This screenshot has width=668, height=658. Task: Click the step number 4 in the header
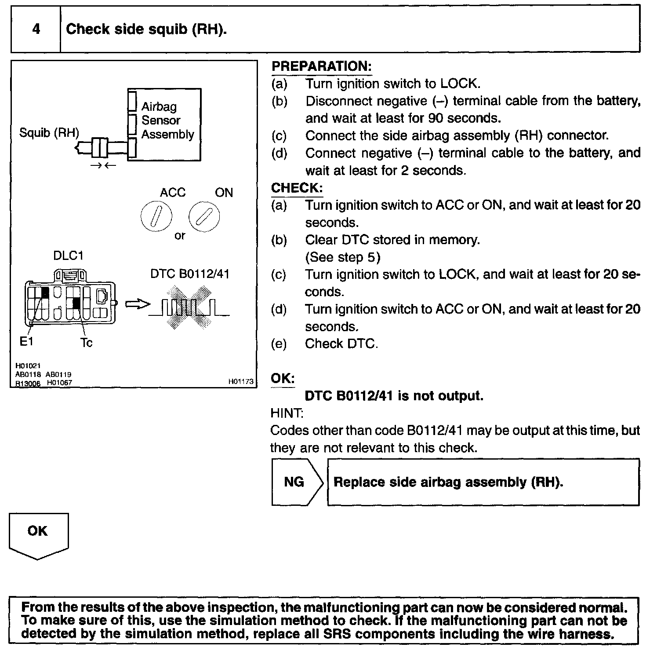[x=36, y=29]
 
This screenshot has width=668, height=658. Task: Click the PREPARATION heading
[x=321, y=66]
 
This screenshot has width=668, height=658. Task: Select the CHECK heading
[x=297, y=188]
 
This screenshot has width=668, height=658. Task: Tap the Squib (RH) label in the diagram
[x=49, y=132]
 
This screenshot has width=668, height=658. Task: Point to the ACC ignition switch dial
[x=156, y=217]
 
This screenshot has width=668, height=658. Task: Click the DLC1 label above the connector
[x=68, y=256]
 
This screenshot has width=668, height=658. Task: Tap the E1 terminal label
[x=26, y=341]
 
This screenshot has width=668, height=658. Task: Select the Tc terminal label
[x=86, y=343]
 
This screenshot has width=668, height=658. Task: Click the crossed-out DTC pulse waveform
[x=188, y=307]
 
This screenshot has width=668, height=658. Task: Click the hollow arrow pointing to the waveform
[x=137, y=304]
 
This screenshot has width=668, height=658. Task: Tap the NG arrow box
[x=297, y=482]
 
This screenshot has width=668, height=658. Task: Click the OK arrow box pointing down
[x=38, y=534]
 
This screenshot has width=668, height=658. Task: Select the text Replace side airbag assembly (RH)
[x=448, y=482]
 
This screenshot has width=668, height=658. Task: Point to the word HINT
[x=286, y=413]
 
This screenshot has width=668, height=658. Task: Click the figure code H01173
[x=241, y=381]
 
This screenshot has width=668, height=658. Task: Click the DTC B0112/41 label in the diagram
[x=190, y=274]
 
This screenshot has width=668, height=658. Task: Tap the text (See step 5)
[x=343, y=257]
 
